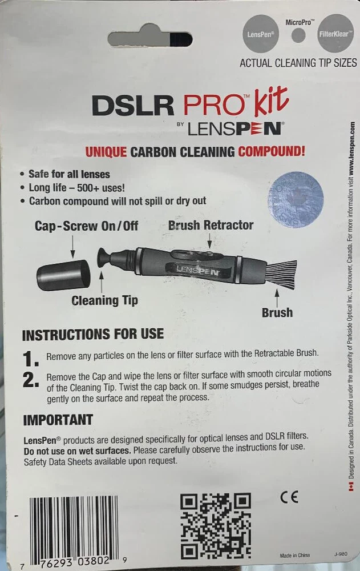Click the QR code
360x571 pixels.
coord(216,526)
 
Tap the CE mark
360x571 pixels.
coord(289,497)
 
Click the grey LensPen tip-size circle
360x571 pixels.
coord(261,34)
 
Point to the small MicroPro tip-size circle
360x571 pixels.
coord(298,35)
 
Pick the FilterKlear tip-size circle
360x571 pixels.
coord(335,33)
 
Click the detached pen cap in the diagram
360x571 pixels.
coord(63,275)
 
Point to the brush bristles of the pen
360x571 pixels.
coord(281,275)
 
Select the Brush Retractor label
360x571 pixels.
coord(211,225)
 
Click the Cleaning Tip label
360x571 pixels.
coord(105,301)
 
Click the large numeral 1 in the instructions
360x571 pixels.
coord(31,359)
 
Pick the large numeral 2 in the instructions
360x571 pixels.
coord(31,380)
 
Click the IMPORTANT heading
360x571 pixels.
coord(58,420)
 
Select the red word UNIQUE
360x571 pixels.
coord(106,151)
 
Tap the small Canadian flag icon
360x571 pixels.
coord(351,486)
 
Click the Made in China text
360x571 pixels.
coord(295,556)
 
